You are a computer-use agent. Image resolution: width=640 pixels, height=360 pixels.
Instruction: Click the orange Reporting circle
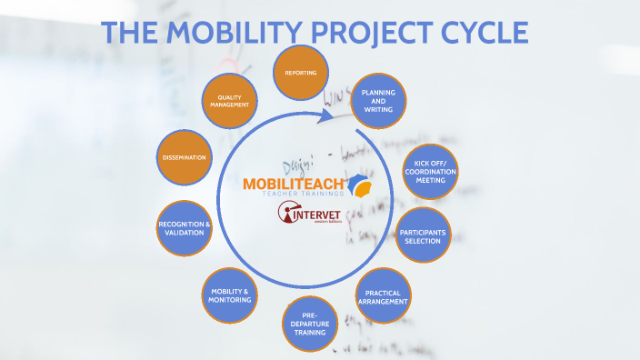pyautogui.click(x=300, y=73)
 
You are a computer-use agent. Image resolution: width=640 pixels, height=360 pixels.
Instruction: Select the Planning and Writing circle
pyautogui.click(x=377, y=101)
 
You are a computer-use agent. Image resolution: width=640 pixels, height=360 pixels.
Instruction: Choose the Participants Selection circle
pyautogui.click(x=425, y=235)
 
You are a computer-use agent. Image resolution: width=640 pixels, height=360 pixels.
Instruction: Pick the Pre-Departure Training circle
pyautogui.click(x=309, y=324)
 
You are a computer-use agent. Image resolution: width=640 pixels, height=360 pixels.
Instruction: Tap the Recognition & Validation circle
pyautogui.click(x=185, y=228)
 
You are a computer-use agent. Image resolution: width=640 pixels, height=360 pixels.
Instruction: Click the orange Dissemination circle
pyautogui.click(x=185, y=157)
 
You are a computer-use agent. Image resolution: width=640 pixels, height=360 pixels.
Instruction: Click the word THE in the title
pyautogui.click(x=128, y=33)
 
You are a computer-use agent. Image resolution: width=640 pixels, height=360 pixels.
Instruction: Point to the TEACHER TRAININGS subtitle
pyautogui.click(x=302, y=195)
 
